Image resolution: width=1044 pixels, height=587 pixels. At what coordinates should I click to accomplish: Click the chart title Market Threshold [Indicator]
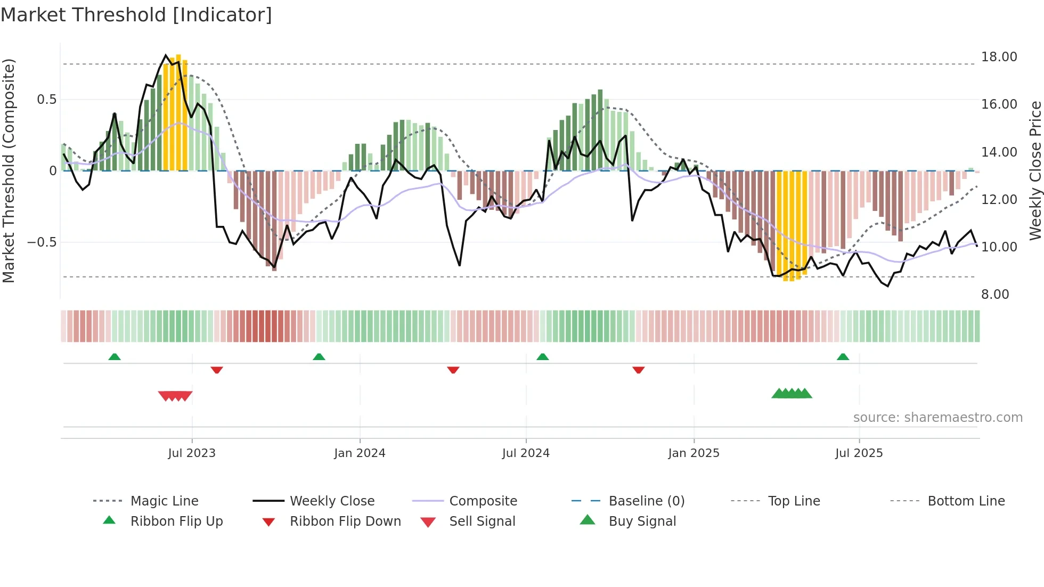[x=136, y=15]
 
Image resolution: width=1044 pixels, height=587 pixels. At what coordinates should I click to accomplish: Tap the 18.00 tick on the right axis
[x=999, y=57]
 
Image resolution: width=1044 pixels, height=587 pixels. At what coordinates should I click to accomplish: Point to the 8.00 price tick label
[x=994, y=295]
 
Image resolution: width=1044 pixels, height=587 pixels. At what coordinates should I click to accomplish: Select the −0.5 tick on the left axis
[x=42, y=242]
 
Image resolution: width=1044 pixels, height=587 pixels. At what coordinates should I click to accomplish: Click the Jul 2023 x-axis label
[x=192, y=453]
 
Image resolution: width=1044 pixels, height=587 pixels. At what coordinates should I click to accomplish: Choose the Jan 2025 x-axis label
[x=694, y=453]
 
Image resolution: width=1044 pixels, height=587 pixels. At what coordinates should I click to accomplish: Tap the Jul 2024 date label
[x=526, y=453]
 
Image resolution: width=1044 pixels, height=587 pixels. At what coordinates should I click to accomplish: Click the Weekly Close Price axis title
[x=1035, y=170]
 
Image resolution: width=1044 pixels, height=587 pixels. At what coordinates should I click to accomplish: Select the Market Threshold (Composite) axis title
[x=9, y=170]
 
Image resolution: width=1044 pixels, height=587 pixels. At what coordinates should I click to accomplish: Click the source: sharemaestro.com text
[x=937, y=418]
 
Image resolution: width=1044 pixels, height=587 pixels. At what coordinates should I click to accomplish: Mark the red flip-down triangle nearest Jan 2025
[x=639, y=370]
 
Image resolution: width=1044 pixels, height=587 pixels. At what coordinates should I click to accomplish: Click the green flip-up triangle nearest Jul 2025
[x=843, y=357]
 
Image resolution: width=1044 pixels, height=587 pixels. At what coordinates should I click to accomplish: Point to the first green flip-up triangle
[x=115, y=357]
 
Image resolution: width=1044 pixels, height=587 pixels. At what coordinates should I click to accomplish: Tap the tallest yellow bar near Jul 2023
[x=178, y=112]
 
